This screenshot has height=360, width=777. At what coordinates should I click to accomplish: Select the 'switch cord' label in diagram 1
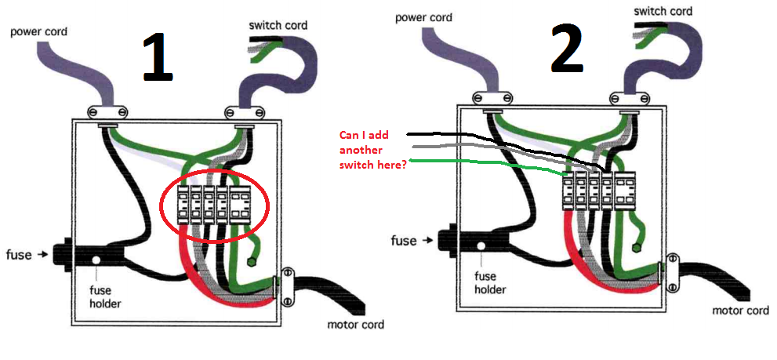[278, 25]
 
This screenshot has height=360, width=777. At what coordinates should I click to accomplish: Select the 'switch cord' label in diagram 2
[663, 11]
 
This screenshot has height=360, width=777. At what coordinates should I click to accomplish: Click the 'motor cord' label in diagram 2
[740, 311]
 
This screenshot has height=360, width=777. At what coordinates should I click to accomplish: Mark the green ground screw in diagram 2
[674, 258]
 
